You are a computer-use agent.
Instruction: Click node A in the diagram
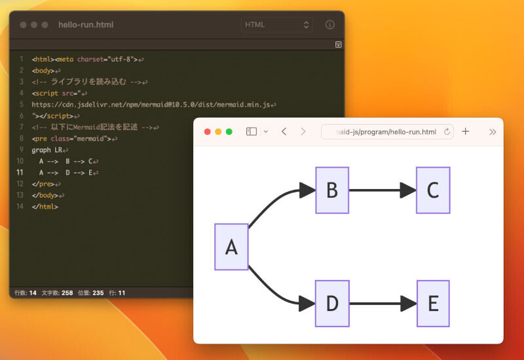coord(231,247)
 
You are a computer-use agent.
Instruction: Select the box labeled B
coord(332,190)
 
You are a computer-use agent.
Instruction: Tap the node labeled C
coord(433,190)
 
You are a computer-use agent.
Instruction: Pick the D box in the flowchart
coord(332,304)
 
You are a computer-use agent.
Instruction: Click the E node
coord(433,304)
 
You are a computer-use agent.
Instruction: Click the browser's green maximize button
coord(229,132)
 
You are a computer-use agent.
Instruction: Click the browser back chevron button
coord(284,132)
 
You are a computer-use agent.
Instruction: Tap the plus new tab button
coord(466,132)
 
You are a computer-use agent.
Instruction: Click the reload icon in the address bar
coord(447,132)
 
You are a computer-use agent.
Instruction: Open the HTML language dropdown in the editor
coord(277,25)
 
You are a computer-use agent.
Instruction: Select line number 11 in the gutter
coord(20,173)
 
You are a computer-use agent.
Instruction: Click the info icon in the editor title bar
coord(330,25)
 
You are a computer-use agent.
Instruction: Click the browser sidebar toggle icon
coord(252,132)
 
